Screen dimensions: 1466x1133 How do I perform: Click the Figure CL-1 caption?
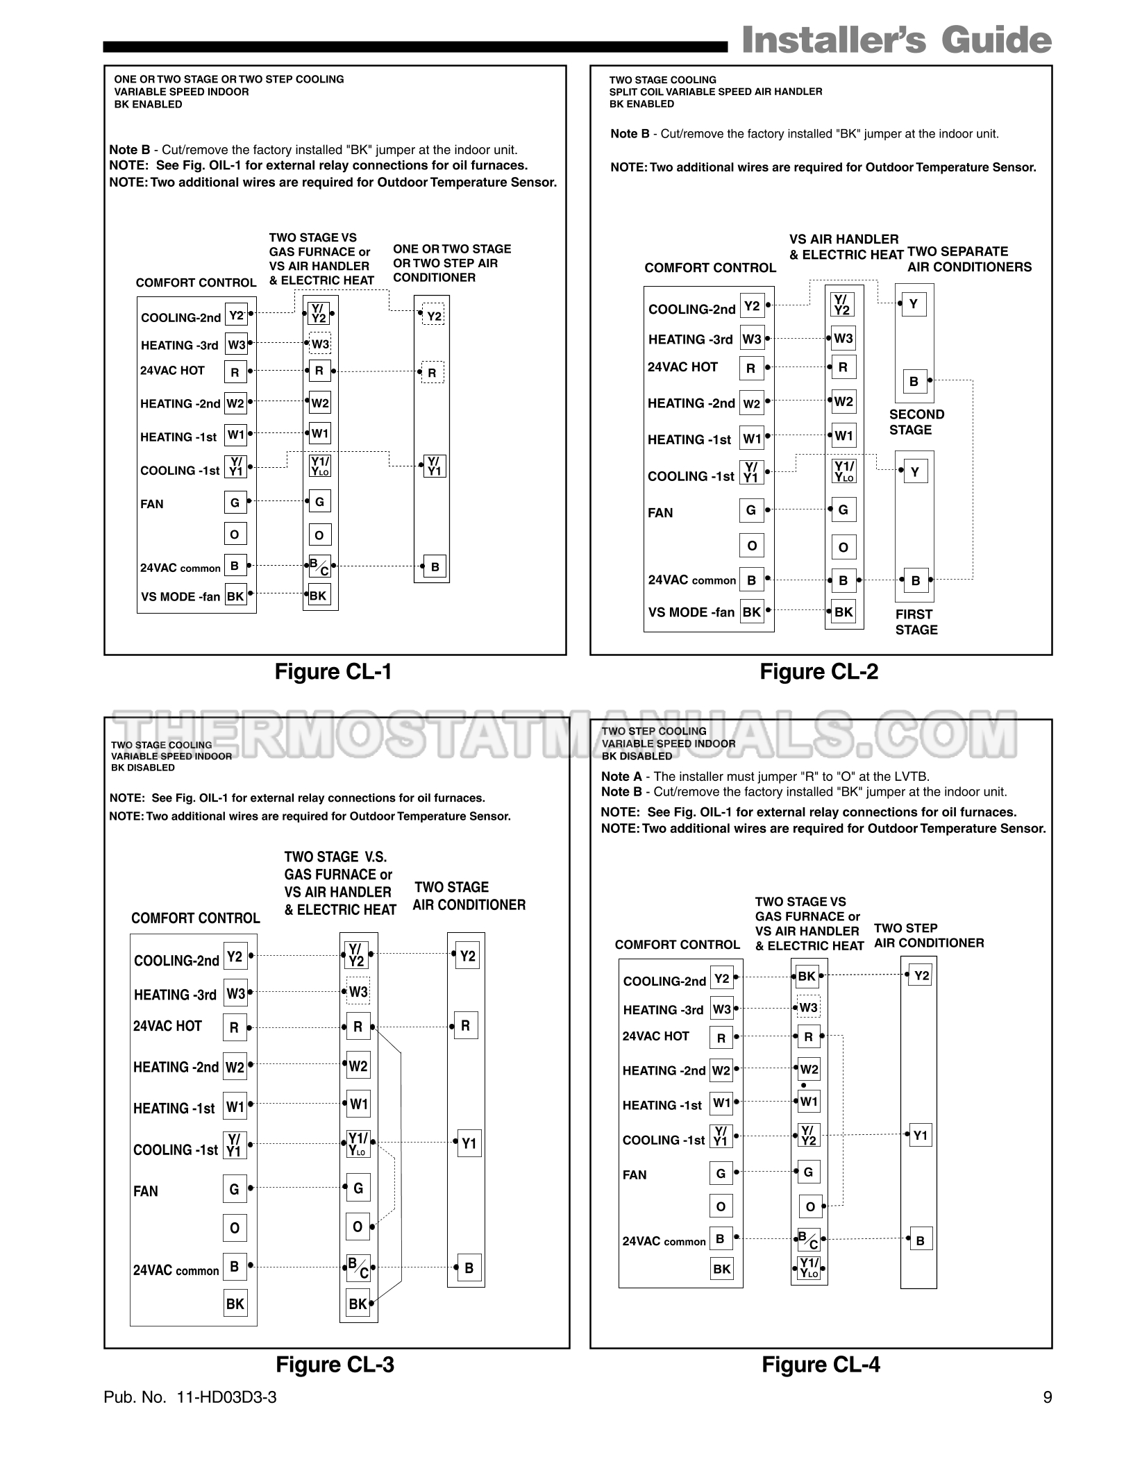tap(333, 672)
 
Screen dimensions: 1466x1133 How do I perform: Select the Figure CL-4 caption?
tap(821, 1365)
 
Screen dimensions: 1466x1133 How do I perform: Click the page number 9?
tap(1047, 1397)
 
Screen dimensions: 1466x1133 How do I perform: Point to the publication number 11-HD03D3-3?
tap(226, 1397)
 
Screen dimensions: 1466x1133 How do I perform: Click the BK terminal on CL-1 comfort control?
tap(235, 596)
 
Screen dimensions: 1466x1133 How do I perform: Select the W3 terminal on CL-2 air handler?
tap(844, 339)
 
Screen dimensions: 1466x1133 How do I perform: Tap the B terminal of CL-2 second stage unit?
tap(914, 382)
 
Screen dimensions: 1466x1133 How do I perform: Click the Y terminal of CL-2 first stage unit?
tap(914, 472)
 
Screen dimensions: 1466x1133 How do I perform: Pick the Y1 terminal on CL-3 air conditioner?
tap(469, 1144)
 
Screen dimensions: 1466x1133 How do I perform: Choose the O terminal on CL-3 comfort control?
tap(235, 1229)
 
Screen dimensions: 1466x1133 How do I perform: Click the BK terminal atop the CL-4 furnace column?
tap(807, 977)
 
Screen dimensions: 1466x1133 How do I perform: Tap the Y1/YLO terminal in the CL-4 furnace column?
tap(809, 1268)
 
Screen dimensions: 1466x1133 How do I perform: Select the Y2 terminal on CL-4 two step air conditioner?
tap(921, 976)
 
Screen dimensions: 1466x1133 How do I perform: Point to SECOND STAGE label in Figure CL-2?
tap(916, 422)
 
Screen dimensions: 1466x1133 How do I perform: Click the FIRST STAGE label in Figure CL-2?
tap(916, 622)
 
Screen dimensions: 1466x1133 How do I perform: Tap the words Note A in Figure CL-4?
tap(621, 777)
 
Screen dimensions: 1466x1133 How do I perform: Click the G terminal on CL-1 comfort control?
tap(235, 503)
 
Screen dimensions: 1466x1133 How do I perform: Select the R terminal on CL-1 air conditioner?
tap(432, 373)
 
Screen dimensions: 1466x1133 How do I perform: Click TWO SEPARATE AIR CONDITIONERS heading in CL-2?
tap(969, 260)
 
